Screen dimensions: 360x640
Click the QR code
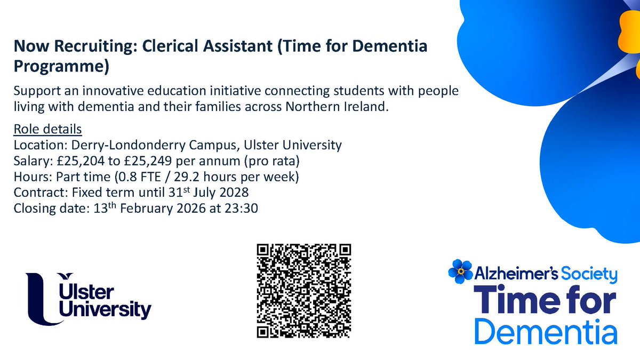tap(304, 291)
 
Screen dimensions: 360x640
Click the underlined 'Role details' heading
tap(47, 130)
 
